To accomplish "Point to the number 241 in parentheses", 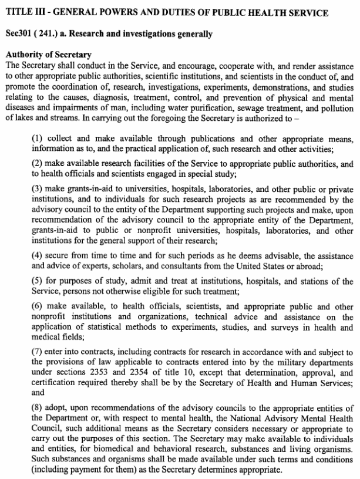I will [48, 35].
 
